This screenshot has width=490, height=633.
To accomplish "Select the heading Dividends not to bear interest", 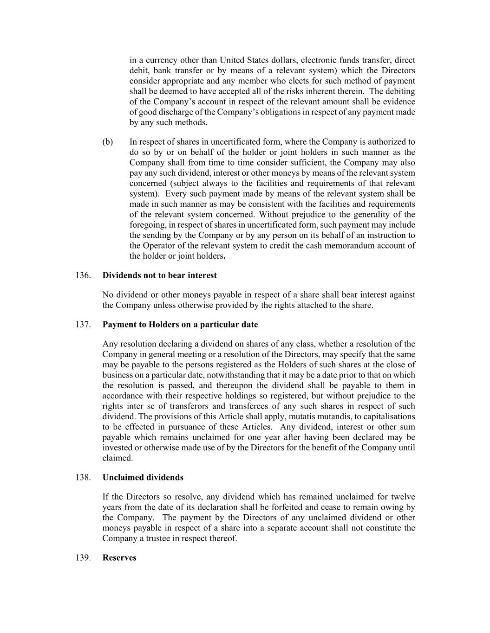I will [x=159, y=275].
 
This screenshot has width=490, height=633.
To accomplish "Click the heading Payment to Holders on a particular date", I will [x=180, y=325].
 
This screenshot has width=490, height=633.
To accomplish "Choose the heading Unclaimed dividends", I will [x=143, y=478].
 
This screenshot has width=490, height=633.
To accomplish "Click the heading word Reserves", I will [x=119, y=558].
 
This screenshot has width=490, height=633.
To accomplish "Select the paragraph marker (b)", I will [x=107, y=142].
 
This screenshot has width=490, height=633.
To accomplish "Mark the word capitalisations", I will [x=388, y=416].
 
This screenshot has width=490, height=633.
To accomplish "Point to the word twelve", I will [x=402, y=497].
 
